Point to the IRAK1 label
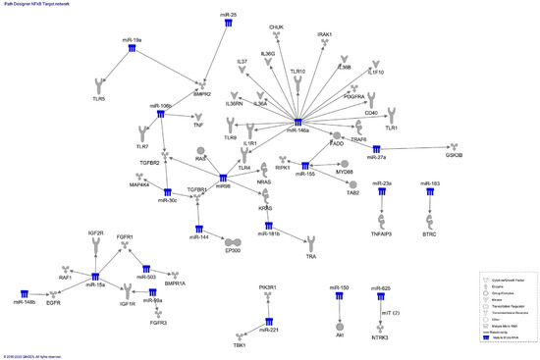325,34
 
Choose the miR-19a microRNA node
132,40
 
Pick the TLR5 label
97,99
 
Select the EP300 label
233,253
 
